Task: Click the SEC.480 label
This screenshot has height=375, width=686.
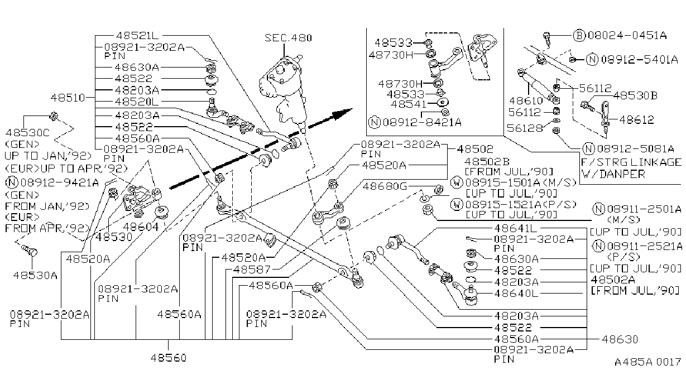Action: click(288, 38)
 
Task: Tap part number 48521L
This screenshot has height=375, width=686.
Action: click(137, 36)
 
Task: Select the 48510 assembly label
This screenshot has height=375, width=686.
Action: click(68, 98)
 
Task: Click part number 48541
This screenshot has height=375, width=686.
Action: click(409, 104)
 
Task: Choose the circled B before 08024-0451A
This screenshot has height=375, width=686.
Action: click(579, 36)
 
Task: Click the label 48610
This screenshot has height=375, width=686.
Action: click(526, 100)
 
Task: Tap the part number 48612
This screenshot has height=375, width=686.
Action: click(636, 119)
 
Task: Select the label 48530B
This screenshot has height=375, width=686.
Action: click(635, 96)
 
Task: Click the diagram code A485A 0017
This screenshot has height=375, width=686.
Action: click(647, 362)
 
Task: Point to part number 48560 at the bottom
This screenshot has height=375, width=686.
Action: click(169, 358)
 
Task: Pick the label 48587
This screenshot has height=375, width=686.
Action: click(252, 270)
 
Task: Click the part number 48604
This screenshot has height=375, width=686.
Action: click(141, 227)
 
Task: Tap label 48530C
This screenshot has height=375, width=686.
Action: click(27, 133)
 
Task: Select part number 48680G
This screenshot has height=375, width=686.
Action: click(385, 186)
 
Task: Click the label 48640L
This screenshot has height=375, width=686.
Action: click(516, 294)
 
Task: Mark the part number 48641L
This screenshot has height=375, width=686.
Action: click(516, 228)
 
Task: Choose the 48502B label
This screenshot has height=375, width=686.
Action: click(487, 162)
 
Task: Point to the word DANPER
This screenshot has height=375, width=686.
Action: click(622, 174)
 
